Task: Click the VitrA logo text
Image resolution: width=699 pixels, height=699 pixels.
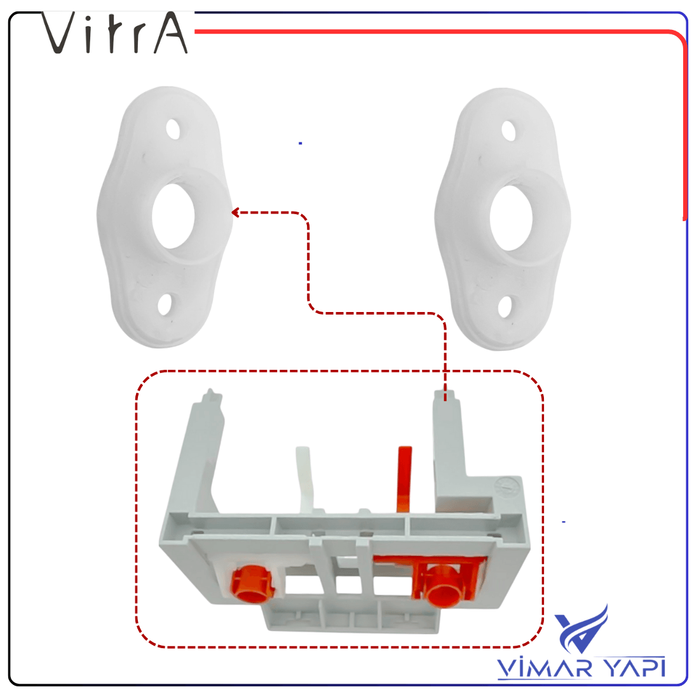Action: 114,32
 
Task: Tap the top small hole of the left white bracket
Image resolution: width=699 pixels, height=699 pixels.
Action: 173,129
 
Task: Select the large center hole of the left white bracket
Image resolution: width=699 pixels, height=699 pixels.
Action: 173,215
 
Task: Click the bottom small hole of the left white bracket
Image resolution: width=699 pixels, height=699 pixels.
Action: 166,304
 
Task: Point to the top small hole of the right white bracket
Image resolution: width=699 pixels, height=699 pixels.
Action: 508,131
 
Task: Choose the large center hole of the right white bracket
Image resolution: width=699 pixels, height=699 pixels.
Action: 512,217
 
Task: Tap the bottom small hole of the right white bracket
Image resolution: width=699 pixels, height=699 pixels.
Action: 505,307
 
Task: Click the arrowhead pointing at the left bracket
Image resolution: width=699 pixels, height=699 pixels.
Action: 236,213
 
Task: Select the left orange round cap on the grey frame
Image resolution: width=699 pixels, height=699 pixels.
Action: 252,583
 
